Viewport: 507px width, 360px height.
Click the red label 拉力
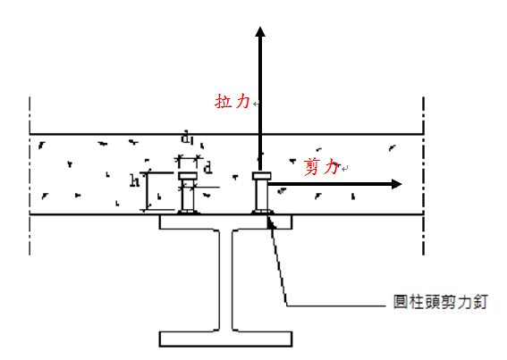coord(232,101)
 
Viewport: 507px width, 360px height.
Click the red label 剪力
coord(321,167)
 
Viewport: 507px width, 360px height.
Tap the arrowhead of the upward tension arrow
coord(260,31)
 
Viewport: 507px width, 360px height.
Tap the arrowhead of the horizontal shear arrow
coord(397,184)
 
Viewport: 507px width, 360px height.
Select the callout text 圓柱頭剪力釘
coord(440,302)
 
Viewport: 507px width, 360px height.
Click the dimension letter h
coord(134,180)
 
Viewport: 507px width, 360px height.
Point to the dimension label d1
coord(187,138)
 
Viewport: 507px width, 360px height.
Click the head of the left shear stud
coord(188,176)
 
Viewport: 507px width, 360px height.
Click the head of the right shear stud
coord(262,176)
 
